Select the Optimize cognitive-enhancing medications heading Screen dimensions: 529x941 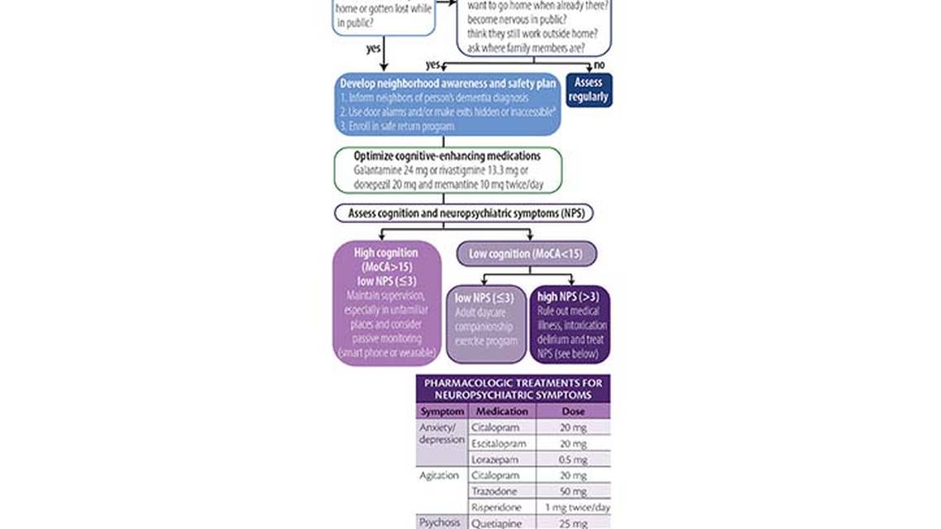447,155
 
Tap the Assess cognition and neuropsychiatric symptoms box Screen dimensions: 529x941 464,213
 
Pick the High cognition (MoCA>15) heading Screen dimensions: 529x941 386,260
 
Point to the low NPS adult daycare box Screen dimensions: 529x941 486,324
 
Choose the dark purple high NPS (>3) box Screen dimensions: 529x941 571,324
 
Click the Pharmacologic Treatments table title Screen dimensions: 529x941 513,388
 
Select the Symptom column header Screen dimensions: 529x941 442,412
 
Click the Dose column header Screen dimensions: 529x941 572,412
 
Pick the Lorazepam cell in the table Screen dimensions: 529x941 496,460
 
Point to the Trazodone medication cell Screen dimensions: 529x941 495,492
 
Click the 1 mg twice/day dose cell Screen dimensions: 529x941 577,508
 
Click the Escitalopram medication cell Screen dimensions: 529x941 500,444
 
